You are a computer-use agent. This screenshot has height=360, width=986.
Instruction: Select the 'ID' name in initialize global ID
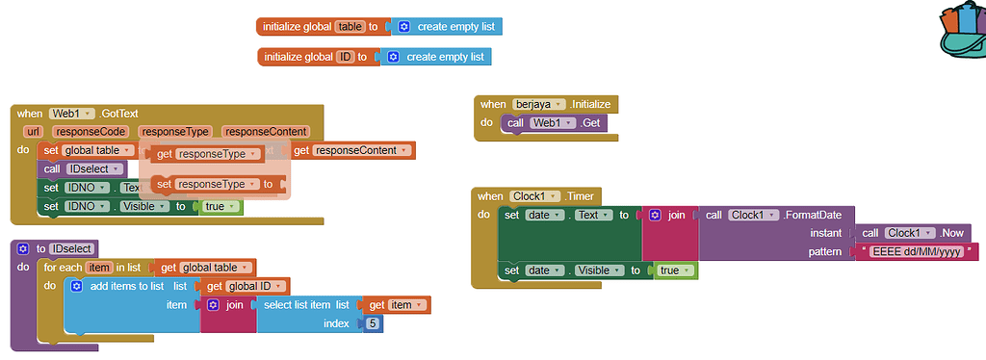(x=344, y=57)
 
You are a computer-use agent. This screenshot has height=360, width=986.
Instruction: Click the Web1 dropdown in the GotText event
(x=72, y=113)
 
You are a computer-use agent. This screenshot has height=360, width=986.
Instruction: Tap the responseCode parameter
(x=91, y=132)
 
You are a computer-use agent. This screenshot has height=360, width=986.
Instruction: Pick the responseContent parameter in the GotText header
(x=264, y=132)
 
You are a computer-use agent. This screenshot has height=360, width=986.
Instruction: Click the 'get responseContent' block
(x=350, y=150)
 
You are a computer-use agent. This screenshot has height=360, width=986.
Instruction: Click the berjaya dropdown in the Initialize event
(x=538, y=104)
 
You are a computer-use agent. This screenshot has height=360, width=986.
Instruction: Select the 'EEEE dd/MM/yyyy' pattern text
(x=916, y=251)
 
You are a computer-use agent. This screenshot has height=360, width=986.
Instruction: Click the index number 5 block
(x=371, y=323)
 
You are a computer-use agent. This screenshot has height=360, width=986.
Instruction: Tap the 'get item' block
(x=396, y=304)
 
